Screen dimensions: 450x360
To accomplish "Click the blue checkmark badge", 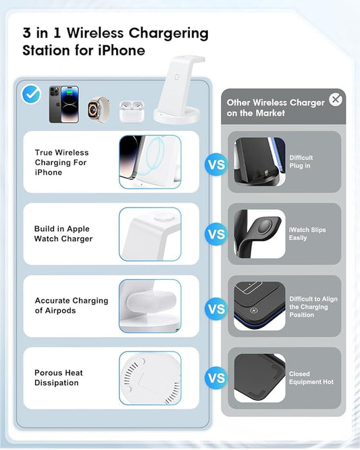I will point(32,95).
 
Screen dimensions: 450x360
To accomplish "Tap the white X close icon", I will point(336,100).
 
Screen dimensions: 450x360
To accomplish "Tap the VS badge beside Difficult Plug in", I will point(216,164).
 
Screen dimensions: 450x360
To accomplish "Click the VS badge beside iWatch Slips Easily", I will point(216,235).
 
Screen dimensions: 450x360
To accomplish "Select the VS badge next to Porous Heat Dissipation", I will point(216,378).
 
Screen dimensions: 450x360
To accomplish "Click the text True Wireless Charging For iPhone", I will point(62,163).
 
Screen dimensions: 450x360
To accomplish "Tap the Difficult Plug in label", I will point(301,161).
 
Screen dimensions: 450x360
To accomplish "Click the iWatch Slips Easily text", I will point(307,234).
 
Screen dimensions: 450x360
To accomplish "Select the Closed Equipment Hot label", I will point(311,378).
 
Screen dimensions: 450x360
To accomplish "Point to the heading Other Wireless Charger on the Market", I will point(276,107).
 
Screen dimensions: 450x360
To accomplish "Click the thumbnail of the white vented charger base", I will point(150,377).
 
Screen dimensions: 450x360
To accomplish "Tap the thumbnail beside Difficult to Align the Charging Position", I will point(259,306).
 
